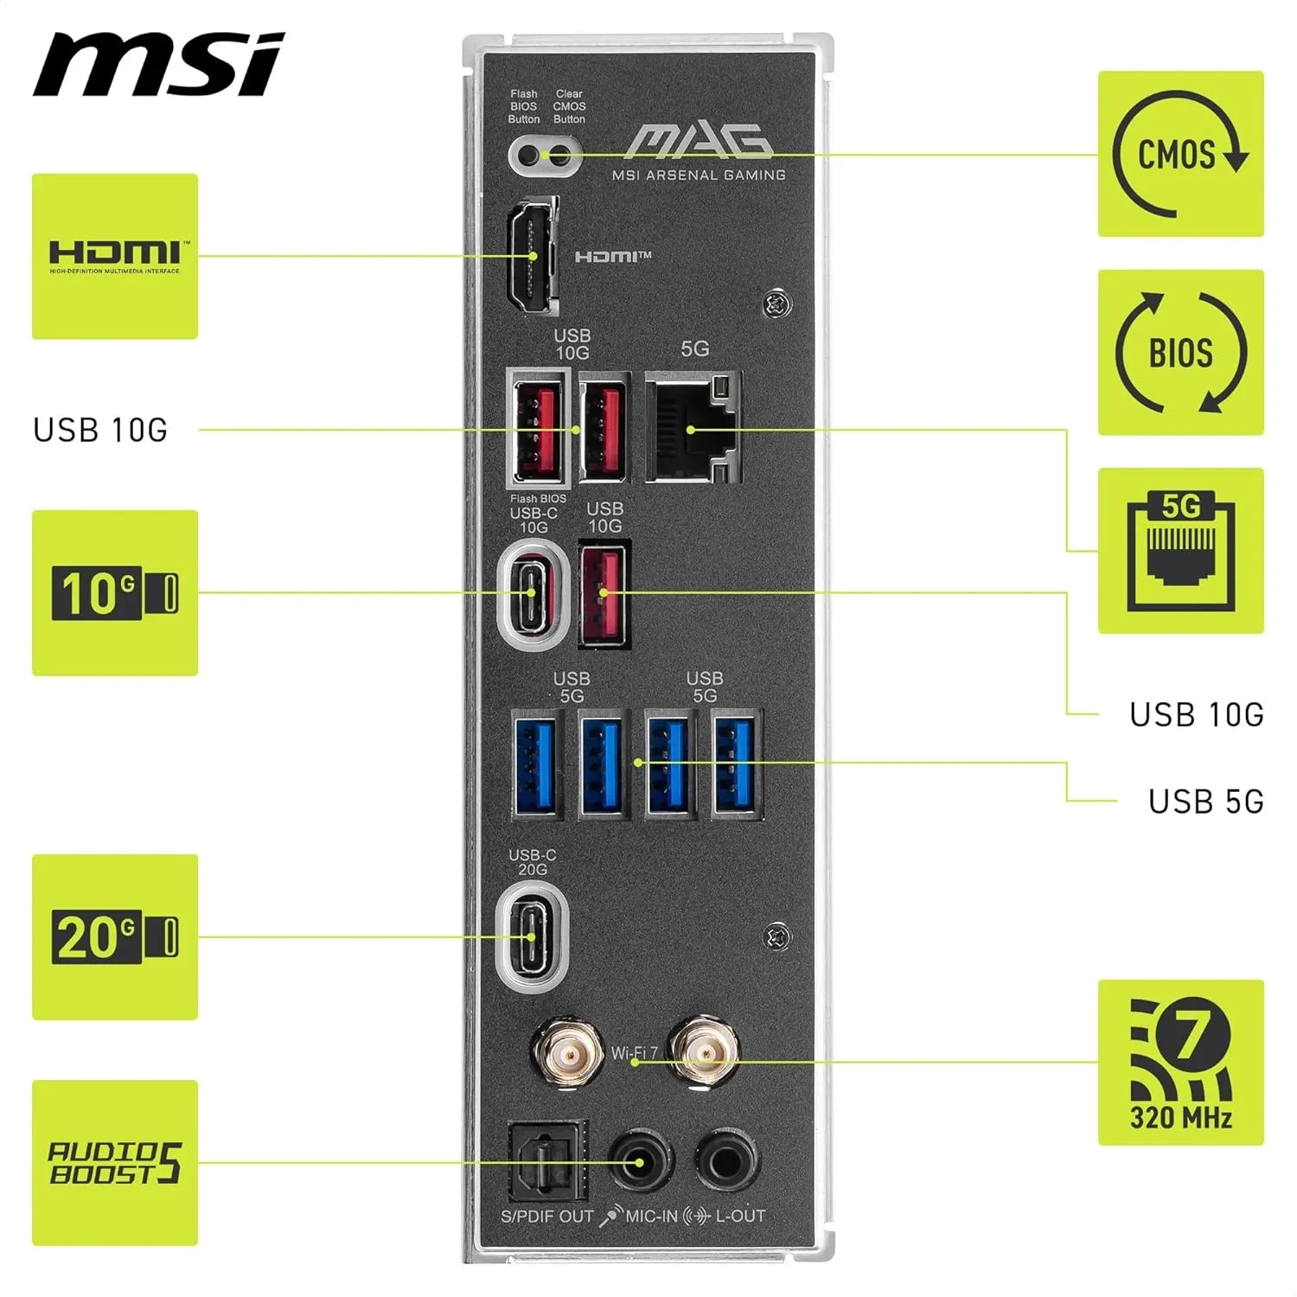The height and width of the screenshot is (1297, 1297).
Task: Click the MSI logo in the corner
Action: [158, 65]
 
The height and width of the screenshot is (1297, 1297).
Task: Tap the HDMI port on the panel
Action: [533, 257]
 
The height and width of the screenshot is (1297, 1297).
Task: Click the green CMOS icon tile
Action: [1180, 154]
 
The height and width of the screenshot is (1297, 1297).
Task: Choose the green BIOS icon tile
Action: [1180, 352]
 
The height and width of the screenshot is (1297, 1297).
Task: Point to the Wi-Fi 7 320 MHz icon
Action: [1180, 1063]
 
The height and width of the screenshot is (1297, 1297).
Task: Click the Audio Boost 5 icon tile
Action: [115, 1163]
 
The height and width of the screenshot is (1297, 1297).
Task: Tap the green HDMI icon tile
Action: [115, 256]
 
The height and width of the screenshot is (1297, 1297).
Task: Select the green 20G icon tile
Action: [115, 937]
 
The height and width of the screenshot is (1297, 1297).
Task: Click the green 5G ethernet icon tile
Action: [1180, 551]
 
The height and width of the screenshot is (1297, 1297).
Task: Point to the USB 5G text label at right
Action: [1205, 802]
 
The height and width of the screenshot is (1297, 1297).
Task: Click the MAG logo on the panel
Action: [699, 142]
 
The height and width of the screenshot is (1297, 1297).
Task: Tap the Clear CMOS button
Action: [561, 157]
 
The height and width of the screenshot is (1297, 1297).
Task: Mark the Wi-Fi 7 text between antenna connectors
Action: [635, 1053]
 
